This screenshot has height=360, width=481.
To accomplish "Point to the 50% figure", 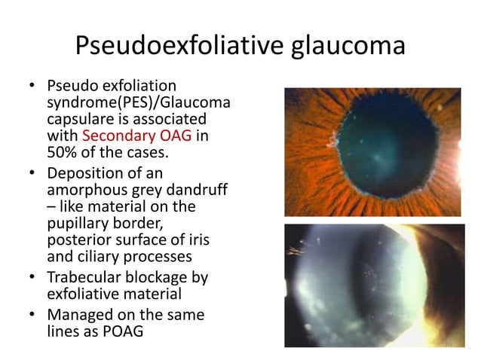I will [x=63, y=153].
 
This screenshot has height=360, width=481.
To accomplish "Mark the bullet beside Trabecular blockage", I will [x=32, y=276].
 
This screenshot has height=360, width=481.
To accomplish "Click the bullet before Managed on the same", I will [x=32, y=313].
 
